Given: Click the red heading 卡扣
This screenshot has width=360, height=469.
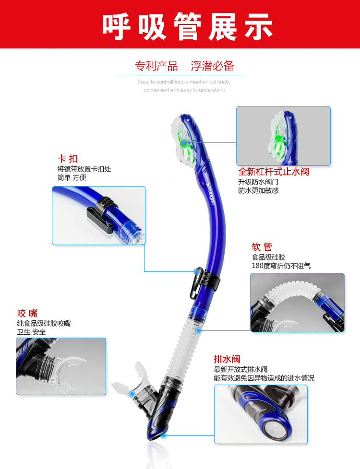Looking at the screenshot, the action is click(x=67, y=159).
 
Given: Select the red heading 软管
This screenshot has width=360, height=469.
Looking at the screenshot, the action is click(x=262, y=247).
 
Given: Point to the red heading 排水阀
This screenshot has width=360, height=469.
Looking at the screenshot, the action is click(x=227, y=359).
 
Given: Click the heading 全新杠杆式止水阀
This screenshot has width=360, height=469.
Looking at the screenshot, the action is click(x=274, y=172).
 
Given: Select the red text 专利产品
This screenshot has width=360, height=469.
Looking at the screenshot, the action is click(x=156, y=66).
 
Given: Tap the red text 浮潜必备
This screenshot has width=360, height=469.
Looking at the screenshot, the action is click(x=213, y=66).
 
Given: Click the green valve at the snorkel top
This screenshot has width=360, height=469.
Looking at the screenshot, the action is click(x=184, y=142).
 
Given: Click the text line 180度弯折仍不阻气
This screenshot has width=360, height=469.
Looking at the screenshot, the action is click(x=281, y=266).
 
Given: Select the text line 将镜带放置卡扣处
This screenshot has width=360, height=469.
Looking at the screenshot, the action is click(x=84, y=169).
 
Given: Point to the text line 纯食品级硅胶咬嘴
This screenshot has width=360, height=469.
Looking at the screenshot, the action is click(x=44, y=324).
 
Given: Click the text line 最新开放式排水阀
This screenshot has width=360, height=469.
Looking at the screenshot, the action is click(x=240, y=369).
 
